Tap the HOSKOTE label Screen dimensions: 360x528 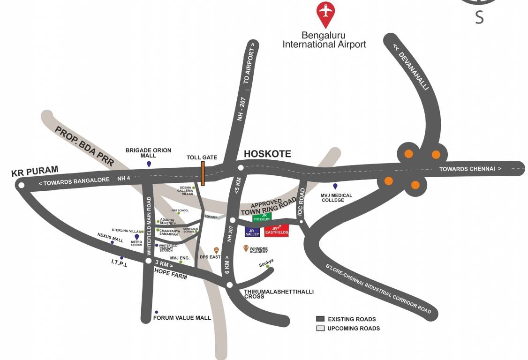(x=267, y=154)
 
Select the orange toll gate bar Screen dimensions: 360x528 (x=203, y=173)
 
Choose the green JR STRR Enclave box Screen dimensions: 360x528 (x=262, y=217)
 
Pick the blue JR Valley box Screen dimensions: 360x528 (x=252, y=232)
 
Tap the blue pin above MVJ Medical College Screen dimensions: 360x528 (x=335, y=187)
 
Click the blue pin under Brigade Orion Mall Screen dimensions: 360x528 (x=149, y=164)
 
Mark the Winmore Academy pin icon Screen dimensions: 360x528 (x=246, y=248)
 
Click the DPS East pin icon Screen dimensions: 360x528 (x=216, y=250)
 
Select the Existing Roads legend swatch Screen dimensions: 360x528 (x=320, y=319)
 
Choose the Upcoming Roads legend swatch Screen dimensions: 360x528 (x=320, y=328)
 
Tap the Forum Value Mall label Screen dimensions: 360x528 (x=182, y=318)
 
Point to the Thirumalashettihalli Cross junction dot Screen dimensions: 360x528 (x=229, y=285)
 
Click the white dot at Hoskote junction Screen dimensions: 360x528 (x=241, y=167)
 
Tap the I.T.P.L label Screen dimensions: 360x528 (x=119, y=264)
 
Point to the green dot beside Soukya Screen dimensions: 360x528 (x=268, y=266)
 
